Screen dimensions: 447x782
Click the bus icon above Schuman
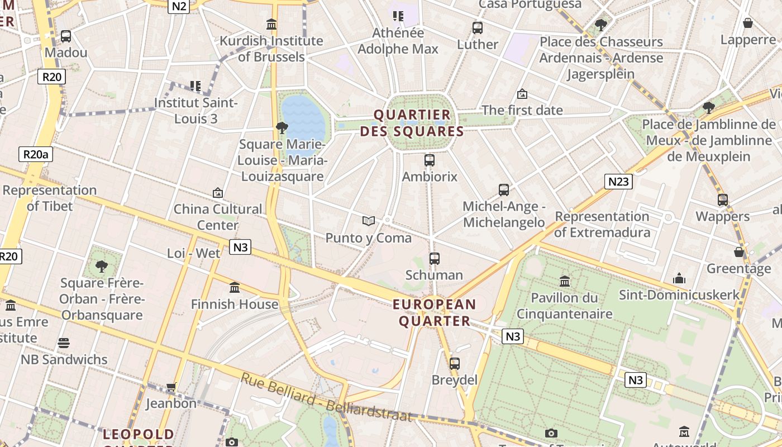(x=435, y=259)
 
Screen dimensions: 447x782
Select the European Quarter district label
(x=434, y=312)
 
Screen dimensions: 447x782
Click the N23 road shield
(x=618, y=181)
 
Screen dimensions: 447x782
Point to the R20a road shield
(x=36, y=154)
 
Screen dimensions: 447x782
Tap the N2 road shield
(x=179, y=6)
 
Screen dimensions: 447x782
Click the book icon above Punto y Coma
(x=368, y=221)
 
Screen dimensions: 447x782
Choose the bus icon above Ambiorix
(x=429, y=160)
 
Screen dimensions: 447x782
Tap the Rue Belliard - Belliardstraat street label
(x=327, y=397)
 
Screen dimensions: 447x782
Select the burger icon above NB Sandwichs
(x=64, y=343)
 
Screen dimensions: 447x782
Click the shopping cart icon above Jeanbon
(x=171, y=387)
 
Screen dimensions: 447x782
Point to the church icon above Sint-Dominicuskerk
(x=679, y=278)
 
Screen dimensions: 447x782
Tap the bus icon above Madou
(x=66, y=36)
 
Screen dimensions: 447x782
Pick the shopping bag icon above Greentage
(x=738, y=252)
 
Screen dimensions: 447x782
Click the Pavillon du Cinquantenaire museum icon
(x=564, y=281)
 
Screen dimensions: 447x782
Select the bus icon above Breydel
(x=454, y=364)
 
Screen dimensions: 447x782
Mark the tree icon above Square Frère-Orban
(x=101, y=266)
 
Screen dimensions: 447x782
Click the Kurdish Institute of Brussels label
(x=271, y=49)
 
